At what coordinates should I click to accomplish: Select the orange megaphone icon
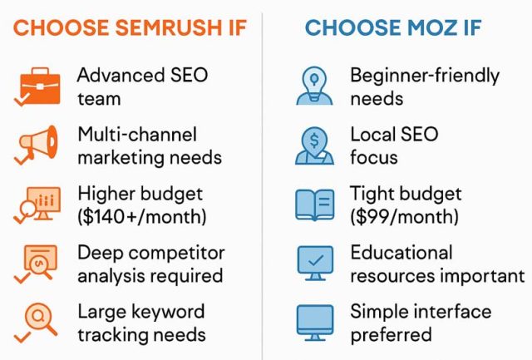tap(37, 145)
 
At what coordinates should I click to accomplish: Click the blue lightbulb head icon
tap(316, 86)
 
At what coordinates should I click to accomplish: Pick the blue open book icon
tap(316, 205)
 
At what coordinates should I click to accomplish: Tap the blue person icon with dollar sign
tap(316, 145)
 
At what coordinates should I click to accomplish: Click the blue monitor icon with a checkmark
tap(316, 262)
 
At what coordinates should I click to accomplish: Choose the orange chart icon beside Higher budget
tap(37, 205)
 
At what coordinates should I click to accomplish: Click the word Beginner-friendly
tap(425, 76)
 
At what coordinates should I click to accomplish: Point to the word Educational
tap(401, 252)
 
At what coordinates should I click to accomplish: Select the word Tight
tap(371, 194)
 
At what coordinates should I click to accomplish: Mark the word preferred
tap(391, 335)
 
